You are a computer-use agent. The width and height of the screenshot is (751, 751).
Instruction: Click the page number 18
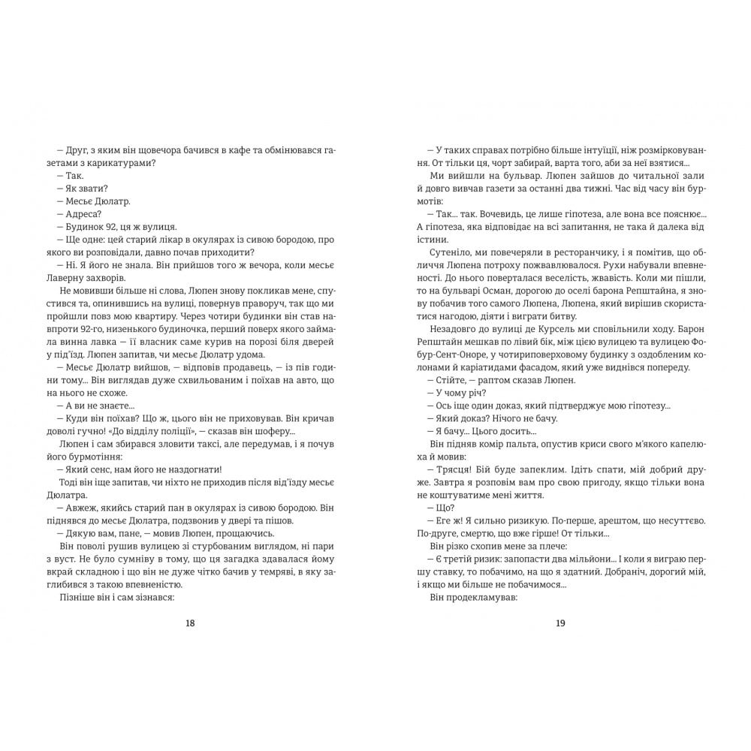click(189, 623)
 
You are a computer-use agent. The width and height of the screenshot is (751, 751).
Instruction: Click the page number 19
click(560, 623)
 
